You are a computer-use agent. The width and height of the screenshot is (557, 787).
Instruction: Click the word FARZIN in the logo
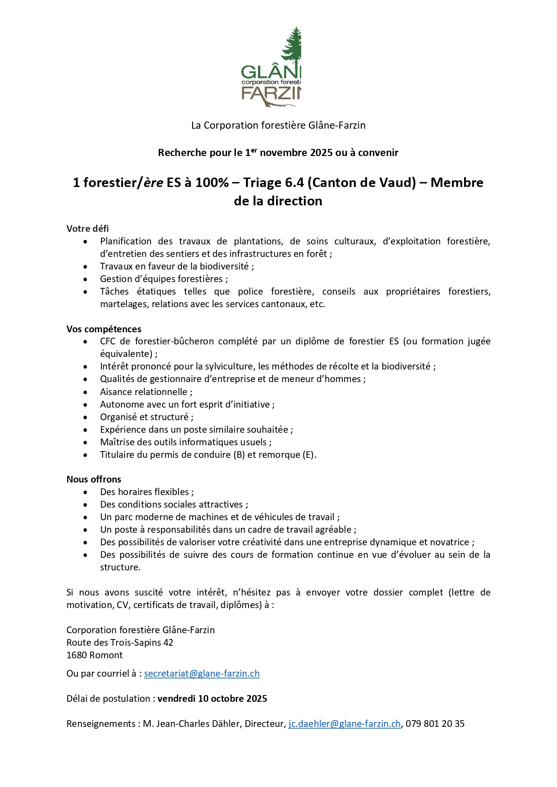(x=271, y=93)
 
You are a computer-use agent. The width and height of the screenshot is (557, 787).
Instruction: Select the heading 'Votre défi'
(x=88, y=229)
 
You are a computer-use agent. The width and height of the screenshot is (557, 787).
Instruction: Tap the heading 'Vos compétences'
(x=104, y=329)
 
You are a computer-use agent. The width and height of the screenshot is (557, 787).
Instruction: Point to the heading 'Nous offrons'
(x=94, y=479)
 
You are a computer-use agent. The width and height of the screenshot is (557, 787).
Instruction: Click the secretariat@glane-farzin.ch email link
(x=202, y=674)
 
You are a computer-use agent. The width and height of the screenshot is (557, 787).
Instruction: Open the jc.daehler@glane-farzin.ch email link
(x=344, y=724)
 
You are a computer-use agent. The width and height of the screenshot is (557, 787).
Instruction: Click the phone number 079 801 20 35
(x=435, y=724)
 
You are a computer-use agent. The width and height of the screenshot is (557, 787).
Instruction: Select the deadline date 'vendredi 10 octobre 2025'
(x=212, y=699)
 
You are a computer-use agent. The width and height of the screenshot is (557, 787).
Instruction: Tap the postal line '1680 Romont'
(x=94, y=655)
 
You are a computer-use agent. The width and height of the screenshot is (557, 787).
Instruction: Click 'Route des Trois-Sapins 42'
(x=120, y=643)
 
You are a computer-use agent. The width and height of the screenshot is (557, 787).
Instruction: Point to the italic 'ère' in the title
(x=153, y=183)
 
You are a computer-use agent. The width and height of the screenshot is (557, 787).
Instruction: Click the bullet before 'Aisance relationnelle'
(x=86, y=392)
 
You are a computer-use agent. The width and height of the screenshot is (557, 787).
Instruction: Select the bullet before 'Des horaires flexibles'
(x=86, y=492)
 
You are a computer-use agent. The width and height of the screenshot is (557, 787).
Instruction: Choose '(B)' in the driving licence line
(x=238, y=455)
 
